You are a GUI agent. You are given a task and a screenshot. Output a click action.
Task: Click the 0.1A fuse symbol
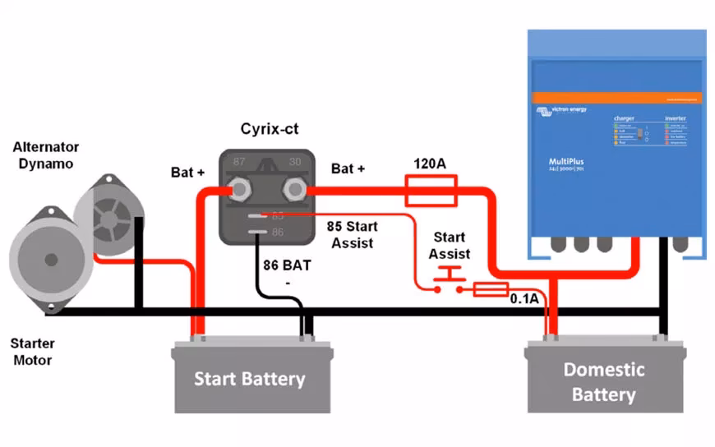click(491, 289)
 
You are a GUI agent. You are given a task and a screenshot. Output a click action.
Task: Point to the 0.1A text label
click(524, 298)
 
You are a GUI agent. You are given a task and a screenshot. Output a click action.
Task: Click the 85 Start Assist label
click(351, 234)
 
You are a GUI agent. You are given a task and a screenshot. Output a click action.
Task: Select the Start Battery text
click(249, 379)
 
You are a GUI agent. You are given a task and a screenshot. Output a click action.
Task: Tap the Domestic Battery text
click(603, 382)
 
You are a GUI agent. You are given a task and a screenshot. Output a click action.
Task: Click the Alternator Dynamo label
click(46, 154)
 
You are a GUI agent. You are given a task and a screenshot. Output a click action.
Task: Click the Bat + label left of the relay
click(187, 173)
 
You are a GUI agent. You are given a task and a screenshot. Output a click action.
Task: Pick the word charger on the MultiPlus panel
click(624, 118)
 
